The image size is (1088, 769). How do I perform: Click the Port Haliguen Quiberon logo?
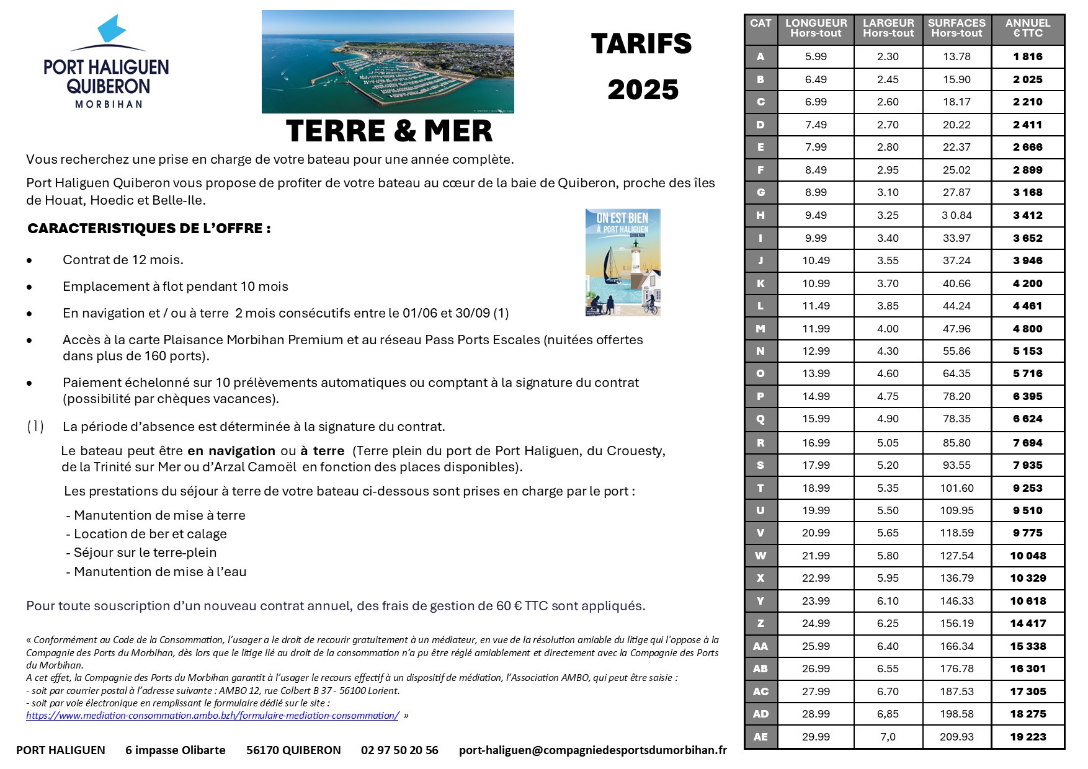pyautogui.click(x=106, y=62)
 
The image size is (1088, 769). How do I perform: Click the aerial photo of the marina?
pyautogui.click(x=388, y=61)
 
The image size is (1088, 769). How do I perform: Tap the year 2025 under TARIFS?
pyautogui.click(x=643, y=90)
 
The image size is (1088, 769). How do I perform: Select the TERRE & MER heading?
pyautogui.click(x=389, y=131)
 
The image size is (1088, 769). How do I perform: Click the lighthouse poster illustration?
pyautogui.click(x=623, y=262)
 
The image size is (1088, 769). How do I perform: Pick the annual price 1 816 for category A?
pyautogui.click(x=1028, y=56)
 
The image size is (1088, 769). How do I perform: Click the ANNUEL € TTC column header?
pyautogui.click(x=1028, y=29)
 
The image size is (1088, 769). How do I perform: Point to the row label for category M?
pyautogui.click(x=760, y=329)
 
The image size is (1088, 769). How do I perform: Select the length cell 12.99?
pyautogui.click(x=816, y=351)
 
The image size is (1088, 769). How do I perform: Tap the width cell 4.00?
pyautogui.click(x=888, y=329)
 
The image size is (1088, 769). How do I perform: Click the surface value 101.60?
pyautogui.click(x=956, y=488)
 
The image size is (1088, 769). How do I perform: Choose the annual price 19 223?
pyautogui.click(x=1028, y=737)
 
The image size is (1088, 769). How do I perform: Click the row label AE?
pyautogui.click(x=760, y=737)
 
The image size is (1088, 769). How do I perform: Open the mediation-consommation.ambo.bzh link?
pyautogui.click(x=212, y=716)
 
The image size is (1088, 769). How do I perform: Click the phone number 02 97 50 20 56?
pyautogui.click(x=399, y=750)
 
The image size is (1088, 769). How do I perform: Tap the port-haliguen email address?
pyautogui.click(x=592, y=750)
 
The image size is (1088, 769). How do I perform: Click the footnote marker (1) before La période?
pyautogui.click(x=35, y=427)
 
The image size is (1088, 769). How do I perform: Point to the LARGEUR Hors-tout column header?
pyautogui.click(x=888, y=29)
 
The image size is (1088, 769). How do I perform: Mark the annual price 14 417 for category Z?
pyautogui.click(x=1028, y=623)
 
